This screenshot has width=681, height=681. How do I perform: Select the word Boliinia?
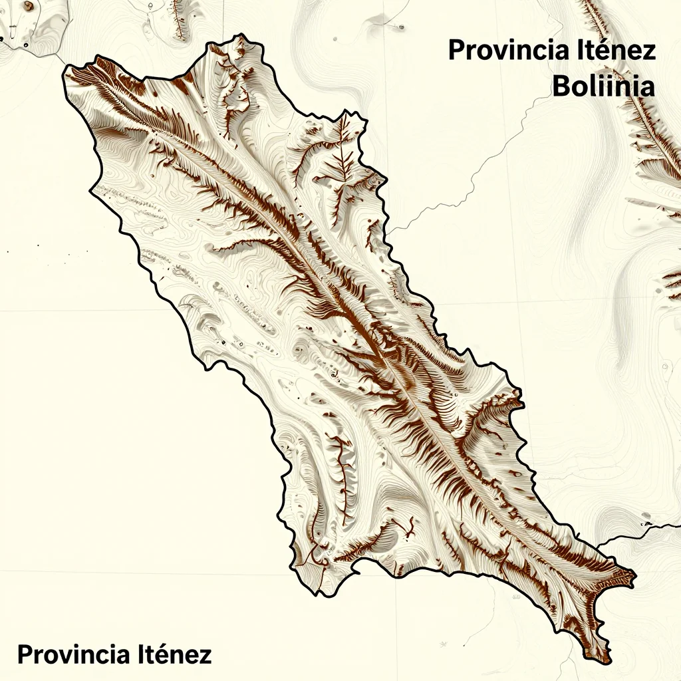point(604,87)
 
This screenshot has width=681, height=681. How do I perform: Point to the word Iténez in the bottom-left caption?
point(175,654)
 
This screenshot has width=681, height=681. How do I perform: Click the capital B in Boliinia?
point(562,87)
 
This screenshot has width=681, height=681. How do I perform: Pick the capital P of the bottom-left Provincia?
point(25,654)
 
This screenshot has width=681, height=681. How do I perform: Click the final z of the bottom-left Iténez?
point(205,656)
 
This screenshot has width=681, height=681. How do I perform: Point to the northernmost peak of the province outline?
point(239,37)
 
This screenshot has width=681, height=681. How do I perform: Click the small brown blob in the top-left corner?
point(28,6)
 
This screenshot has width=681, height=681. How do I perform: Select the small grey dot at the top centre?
point(401,27)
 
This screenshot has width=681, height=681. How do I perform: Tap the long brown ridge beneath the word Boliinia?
point(648,133)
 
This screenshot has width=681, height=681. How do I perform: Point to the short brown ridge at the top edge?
point(178,19)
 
